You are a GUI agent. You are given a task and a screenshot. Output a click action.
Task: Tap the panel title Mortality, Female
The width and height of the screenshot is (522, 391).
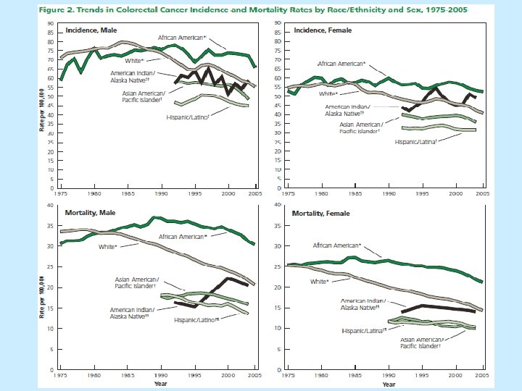320,213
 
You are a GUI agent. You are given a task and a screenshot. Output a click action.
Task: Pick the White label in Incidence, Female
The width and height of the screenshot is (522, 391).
329,94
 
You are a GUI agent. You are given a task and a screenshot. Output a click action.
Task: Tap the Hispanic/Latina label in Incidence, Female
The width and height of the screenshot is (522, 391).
416,142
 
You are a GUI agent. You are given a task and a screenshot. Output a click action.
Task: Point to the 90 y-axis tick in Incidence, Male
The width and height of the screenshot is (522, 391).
50,23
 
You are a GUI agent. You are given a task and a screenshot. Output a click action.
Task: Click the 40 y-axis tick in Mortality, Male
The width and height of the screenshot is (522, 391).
50,205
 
